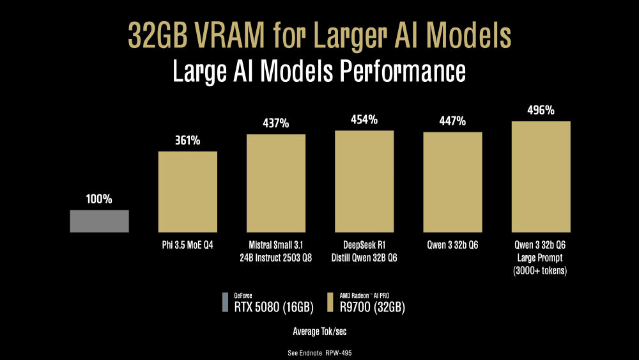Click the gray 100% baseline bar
click(x=100, y=221)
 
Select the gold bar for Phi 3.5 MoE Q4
click(x=188, y=191)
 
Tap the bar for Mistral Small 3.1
click(x=276, y=183)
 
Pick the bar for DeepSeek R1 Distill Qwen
click(x=364, y=181)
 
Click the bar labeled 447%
click(x=452, y=182)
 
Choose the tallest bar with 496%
click(x=541, y=176)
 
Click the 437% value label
click(x=276, y=123)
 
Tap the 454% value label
click(x=364, y=120)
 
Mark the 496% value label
click(x=541, y=110)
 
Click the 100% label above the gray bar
click(x=100, y=199)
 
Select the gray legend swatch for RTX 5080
click(x=225, y=302)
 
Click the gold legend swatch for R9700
click(x=330, y=302)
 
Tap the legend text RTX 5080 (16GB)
click(x=273, y=308)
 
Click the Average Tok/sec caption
click(x=319, y=331)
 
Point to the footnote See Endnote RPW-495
click(x=319, y=353)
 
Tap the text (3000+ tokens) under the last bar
click(x=541, y=270)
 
